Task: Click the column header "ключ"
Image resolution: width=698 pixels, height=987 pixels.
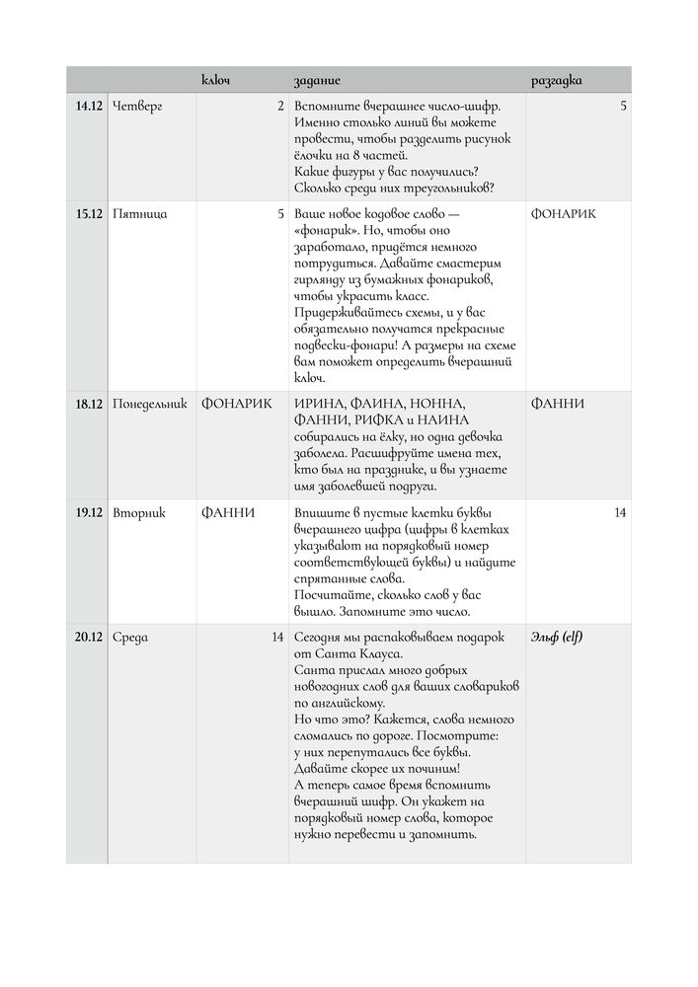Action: click(215, 79)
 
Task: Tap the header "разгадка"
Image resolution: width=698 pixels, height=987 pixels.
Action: click(557, 79)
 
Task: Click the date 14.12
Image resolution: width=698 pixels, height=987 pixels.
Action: click(89, 106)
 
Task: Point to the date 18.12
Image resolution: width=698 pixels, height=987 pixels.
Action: click(89, 404)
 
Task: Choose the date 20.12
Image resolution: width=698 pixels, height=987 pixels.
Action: click(89, 637)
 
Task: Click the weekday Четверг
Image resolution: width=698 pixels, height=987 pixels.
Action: click(137, 106)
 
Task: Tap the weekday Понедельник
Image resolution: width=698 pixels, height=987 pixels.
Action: click(150, 404)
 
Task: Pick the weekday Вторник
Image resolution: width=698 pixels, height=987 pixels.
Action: click(139, 512)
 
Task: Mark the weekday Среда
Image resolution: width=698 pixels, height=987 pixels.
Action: click(130, 637)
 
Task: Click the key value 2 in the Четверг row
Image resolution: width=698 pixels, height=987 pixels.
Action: click(280, 106)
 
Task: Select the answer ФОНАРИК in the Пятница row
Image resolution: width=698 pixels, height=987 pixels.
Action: click(564, 213)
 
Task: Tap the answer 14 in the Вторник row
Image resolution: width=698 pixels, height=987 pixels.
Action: click(620, 512)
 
